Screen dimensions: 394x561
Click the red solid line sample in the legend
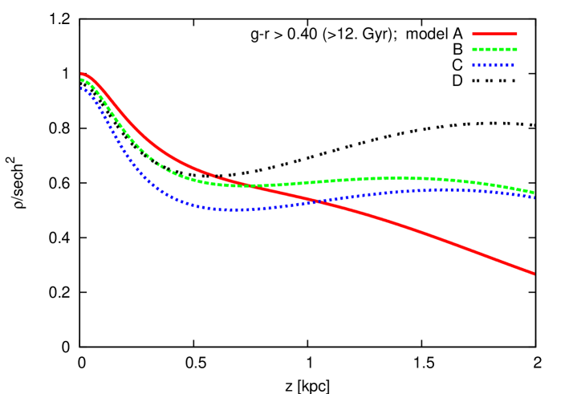[x=494, y=34]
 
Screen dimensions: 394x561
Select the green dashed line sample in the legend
[x=494, y=50]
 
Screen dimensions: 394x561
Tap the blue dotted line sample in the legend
[x=494, y=65]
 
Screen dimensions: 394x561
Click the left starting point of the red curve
[x=81, y=74]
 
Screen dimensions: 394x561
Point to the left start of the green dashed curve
[x=81, y=79]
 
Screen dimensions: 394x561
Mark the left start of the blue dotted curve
[x=81, y=87]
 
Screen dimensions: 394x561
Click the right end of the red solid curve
[x=534, y=274]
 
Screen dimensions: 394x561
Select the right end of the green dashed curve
[x=534, y=193]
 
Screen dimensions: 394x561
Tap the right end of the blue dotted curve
[x=534, y=197]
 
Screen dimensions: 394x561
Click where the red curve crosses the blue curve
[x=319, y=201]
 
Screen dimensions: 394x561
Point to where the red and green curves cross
[x=250, y=185]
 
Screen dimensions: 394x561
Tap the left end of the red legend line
[x=473, y=34]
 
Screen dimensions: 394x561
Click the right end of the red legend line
[x=517, y=34]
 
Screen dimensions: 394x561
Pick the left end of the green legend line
[x=473, y=50]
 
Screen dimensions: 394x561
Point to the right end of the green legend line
[x=517, y=50]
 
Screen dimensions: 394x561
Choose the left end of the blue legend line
[x=473, y=65]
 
